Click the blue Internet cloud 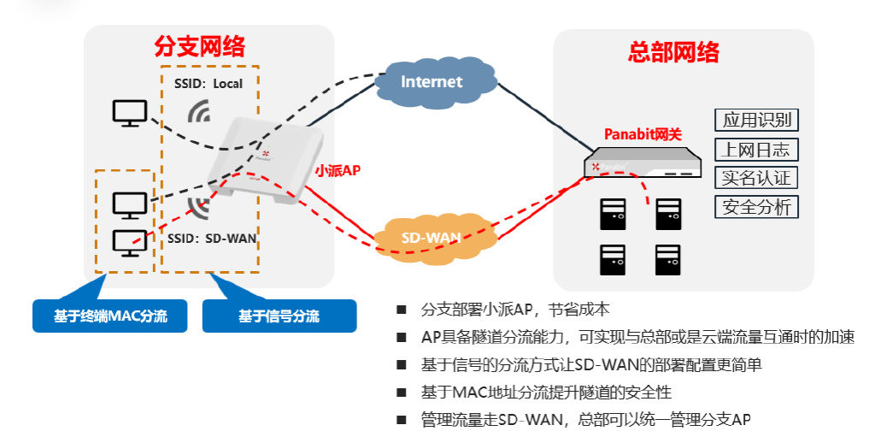click(432, 83)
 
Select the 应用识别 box click(755, 120)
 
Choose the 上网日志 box click(755, 150)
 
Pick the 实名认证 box click(755, 178)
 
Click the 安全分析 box click(755, 206)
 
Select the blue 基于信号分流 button click(279, 316)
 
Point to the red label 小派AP click(338, 170)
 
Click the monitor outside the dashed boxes click(130, 113)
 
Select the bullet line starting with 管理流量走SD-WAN click(585, 420)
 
